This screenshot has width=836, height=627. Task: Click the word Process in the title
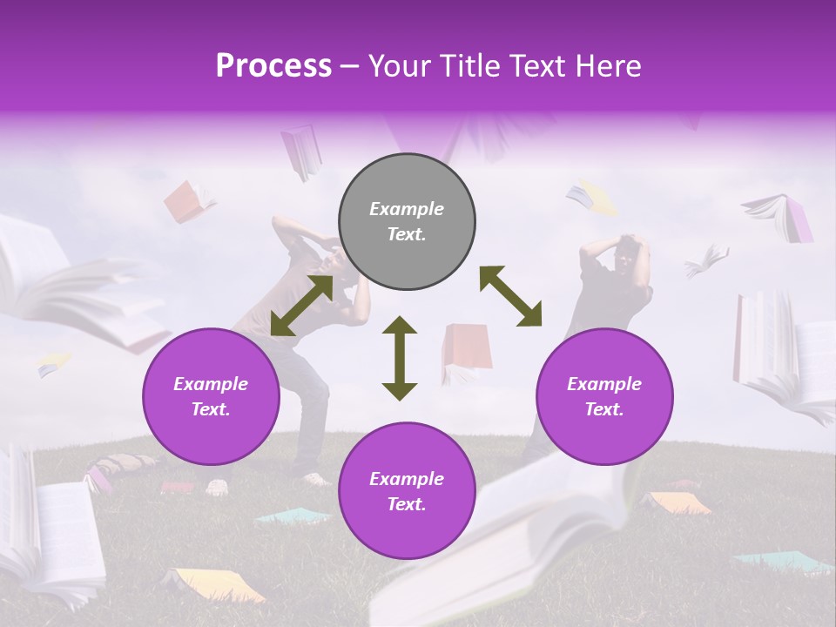tap(273, 65)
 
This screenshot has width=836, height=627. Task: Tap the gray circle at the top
tap(407, 222)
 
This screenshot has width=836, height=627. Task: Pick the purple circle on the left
tap(211, 396)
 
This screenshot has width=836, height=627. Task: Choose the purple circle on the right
tap(604, 396)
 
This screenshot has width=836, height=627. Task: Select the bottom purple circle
tap(407, 491)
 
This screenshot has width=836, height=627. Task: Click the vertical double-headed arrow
tap(400, 358)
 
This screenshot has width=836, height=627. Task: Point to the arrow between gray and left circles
tap(301, 306)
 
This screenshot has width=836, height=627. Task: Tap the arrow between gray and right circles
tap(510, 296)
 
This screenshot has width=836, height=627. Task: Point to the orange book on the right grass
tap(678, 502)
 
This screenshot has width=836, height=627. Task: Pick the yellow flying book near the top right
tap(595, 198)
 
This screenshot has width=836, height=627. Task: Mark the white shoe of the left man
tap(314, 478)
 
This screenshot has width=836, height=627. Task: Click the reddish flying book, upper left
tap(186, 200)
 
